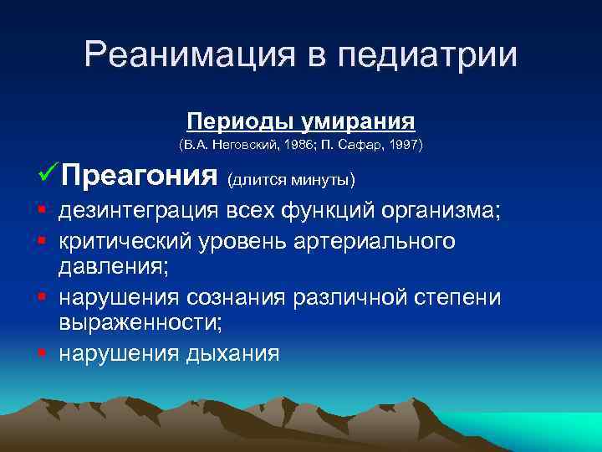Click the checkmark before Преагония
click(48, 176)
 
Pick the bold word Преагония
click(139, 177)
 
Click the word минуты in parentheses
click(321, 180)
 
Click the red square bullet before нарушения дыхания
click(40, 352)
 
